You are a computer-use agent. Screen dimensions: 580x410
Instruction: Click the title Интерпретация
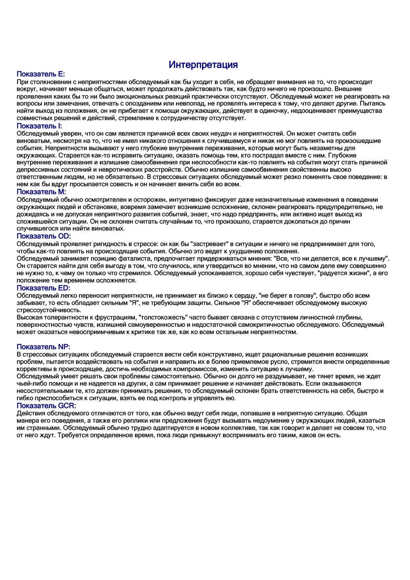[x=203, y=64]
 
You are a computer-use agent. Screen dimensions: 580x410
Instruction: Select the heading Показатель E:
[x=41, y=74]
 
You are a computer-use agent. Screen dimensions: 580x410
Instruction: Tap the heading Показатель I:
[x=39, y=126]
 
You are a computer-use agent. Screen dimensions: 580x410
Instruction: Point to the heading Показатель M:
[x=41, y=192]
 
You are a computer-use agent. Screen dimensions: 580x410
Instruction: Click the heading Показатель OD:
[x=44, y=236]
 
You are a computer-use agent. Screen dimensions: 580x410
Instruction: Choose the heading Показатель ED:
[x=43, y=288]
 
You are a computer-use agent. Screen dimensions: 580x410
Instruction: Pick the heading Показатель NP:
[x=43, y=347]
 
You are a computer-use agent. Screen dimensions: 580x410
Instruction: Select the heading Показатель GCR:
[x=46, y=406]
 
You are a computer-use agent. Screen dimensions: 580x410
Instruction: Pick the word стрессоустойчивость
[x=49, y=310]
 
